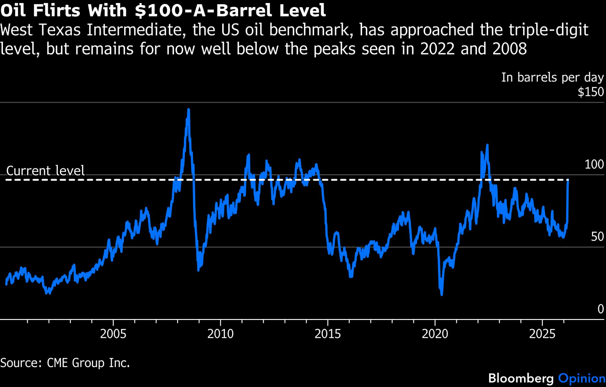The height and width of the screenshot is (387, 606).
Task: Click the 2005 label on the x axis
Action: [113, 334]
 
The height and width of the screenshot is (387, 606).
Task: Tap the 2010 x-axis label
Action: [220, 334]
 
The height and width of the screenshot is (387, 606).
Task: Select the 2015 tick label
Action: [328, 334]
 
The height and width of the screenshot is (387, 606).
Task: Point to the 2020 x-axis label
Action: [435, 334]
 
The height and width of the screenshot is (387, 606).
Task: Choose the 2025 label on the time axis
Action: [542, 334]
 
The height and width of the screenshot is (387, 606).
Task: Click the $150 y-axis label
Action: [591, 92]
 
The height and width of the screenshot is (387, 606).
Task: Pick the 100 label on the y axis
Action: [594, 165]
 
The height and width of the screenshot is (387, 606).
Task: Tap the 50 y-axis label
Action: [597, 237]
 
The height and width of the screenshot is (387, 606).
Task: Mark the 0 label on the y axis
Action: [601, 309]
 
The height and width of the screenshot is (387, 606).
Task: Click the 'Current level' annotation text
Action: [45, 171]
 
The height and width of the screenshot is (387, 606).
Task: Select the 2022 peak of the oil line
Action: [487, 145]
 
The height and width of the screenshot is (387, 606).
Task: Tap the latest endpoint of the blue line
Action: [568, 181]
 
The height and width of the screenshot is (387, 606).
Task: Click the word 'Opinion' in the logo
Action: [582, 379]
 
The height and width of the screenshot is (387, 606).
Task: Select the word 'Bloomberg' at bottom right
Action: [521, 379]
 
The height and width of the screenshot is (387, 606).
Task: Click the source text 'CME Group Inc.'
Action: [88, 363]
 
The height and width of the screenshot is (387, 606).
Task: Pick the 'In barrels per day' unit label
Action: [552, 77]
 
